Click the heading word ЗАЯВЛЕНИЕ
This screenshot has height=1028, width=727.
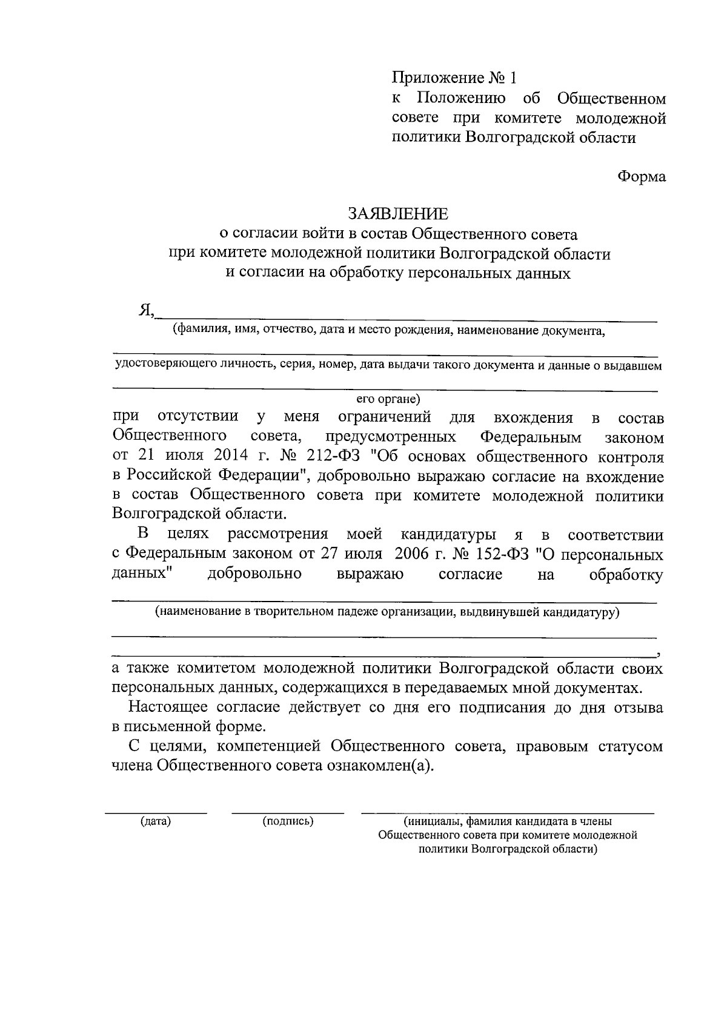tap(397, 214)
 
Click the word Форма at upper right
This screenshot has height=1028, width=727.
tap(642, 176)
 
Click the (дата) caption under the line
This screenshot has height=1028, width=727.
tap(156, 821)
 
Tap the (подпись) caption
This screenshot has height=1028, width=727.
tap(288, 821)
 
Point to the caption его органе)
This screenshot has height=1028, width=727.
tap(388, 399)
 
